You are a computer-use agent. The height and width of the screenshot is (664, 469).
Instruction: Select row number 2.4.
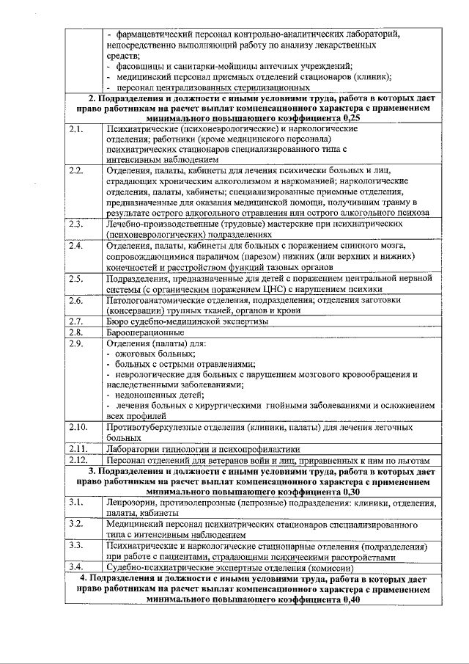point(75,245)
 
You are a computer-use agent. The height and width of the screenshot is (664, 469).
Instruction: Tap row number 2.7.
point(75,321)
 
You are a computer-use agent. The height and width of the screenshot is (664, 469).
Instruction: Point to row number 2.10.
point(78,426)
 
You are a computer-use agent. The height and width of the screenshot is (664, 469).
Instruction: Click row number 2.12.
point(78,459)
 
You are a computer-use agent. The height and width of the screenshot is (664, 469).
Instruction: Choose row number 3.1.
point(75,503)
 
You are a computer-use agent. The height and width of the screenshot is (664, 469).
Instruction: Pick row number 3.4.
point(75,567)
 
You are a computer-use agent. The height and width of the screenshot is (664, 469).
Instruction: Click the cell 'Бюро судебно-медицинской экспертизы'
point(187,321)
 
